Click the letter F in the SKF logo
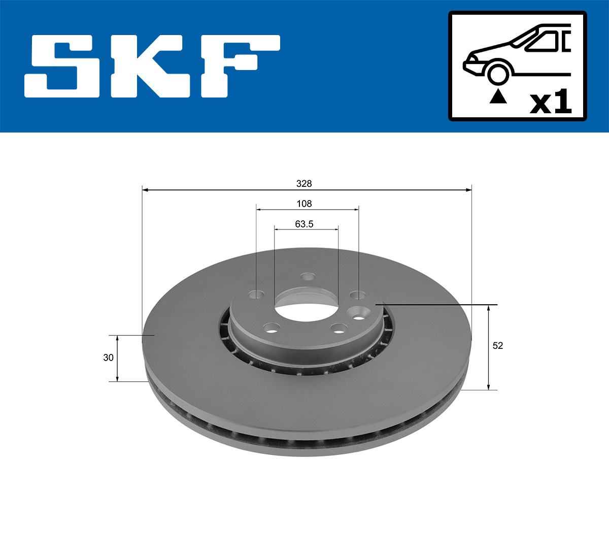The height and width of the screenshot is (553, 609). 239,66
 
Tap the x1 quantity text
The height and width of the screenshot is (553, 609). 551,103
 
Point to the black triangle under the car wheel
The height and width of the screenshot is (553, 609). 498,96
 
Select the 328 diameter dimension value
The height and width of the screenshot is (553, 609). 304,184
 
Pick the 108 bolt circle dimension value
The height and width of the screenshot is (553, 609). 304,204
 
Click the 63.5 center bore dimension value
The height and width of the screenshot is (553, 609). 304,224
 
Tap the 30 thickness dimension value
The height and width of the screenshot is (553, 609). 108,357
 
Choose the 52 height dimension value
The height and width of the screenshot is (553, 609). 498,345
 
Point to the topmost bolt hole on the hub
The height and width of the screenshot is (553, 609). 307,276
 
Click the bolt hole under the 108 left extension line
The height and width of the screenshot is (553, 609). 257,294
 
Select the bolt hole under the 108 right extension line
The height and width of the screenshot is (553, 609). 358,295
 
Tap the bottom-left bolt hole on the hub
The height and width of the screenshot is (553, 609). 272,328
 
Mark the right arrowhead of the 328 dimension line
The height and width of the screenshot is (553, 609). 469,190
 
